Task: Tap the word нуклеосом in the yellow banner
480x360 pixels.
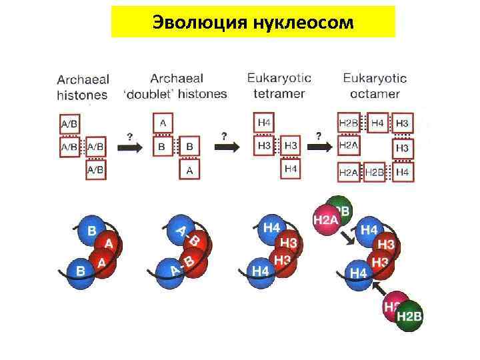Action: coord(304,22)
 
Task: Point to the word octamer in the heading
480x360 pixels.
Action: coord(375,93)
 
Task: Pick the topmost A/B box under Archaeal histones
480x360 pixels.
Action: coord(69,124)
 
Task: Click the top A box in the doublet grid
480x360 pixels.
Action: coord(163,123)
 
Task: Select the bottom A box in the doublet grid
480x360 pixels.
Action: coord(189,171)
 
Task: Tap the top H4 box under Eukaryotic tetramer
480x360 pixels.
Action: coord(263,123)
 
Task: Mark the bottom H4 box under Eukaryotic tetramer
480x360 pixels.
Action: coord(291,169)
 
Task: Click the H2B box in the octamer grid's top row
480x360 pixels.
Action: coord(349,123)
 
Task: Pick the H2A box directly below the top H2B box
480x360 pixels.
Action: coord(349,145)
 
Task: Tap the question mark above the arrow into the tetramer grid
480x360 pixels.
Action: coord(224,135)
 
